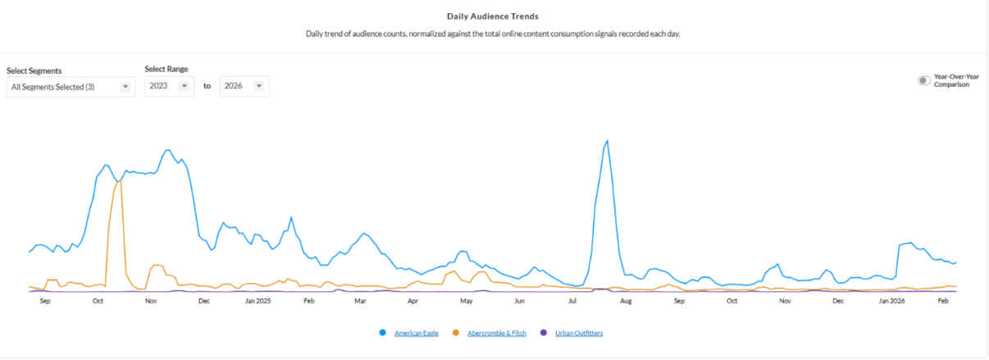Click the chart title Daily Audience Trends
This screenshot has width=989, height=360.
click(493, 16)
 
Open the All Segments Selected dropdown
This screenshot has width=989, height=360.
click(71, 87)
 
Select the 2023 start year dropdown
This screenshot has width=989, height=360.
click(169, 86)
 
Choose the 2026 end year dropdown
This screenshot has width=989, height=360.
click(244, 86)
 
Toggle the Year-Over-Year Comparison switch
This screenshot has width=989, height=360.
click(924, 80)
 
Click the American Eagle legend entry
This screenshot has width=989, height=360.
click(415, 333)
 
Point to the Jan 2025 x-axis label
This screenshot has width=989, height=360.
click(258, 302)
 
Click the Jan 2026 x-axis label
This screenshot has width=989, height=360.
click(891, 302)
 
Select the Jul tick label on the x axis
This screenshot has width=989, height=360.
click(572, 302)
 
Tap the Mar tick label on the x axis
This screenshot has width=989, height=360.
click(360, 302)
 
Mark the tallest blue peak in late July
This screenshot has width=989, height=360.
click(607, 140)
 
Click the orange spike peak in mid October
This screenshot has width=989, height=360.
click(120, 180)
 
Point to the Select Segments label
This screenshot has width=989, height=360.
click(34, 71)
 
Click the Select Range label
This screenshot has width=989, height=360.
click(166, 70)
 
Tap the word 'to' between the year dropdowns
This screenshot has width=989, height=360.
click(207, 86)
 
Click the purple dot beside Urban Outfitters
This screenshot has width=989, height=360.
click(544, 333)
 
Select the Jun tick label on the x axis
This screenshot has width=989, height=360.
click(519, 302)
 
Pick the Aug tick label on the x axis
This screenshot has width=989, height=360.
click(626, 302)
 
